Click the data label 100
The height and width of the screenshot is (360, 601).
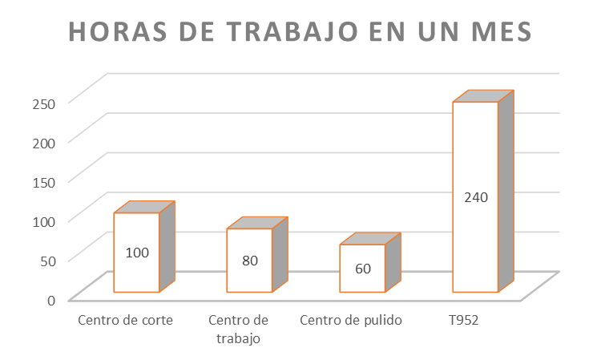click(138, 253)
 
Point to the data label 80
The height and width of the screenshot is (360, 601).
click(249, 261)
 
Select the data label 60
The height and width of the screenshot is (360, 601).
click(362, 269)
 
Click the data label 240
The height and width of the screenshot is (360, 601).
click(475, 196)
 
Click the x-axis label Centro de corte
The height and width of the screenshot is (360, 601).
click(126, 321)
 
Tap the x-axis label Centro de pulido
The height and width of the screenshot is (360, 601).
click(351, 321)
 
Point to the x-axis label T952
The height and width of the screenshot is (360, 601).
click(464, 321)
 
